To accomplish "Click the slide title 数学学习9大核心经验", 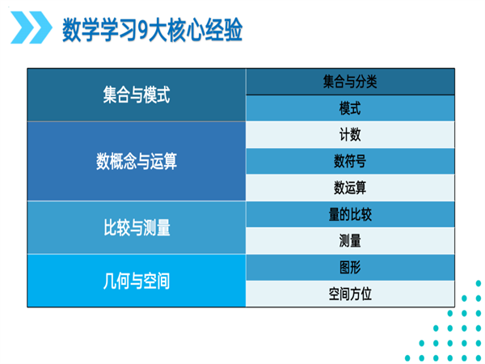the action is [152, 30].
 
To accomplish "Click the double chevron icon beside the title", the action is [32, 28].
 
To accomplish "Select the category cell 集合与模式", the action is [137, 95].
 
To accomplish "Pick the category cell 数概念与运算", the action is [137, 161].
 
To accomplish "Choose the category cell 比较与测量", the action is [137, 228].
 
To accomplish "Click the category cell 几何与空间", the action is [137, 281].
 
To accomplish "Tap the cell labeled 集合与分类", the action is [350, 82].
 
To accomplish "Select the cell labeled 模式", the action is [350, 108].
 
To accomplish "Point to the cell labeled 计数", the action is [350, 134].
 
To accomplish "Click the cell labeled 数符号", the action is [350, 161].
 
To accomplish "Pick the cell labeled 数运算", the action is [350, 188].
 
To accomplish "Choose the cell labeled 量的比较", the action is [350, 214].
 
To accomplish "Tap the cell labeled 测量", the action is [350, 241].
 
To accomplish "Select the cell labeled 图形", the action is [350, 268].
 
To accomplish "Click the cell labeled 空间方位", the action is [350, 294].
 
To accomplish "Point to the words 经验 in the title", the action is [223, 30].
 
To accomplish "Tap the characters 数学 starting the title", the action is [81, 30].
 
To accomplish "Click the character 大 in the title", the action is [159, 30].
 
